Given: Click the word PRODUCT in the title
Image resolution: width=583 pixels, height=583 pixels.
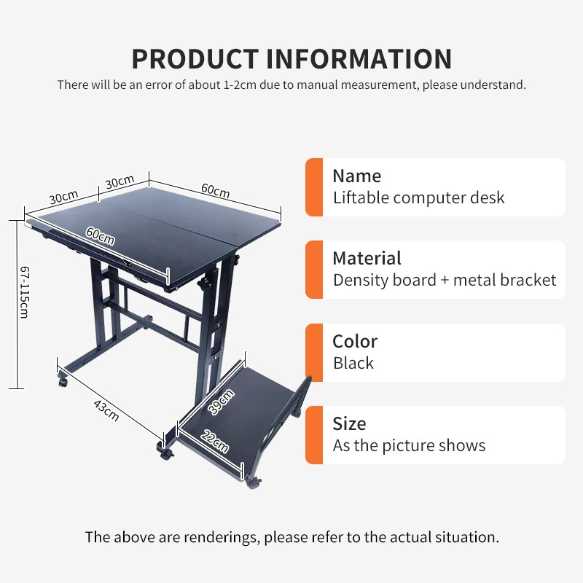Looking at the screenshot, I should click(x=195, y=58).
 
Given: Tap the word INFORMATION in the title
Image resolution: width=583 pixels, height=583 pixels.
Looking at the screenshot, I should click(x=359, y=58).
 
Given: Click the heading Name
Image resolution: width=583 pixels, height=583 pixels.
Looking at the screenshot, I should click(x=356, y=176).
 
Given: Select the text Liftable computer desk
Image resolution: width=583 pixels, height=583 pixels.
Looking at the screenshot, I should click(x=418, y=197).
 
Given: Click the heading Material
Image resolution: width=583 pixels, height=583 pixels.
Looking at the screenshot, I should click(x=367, y=258).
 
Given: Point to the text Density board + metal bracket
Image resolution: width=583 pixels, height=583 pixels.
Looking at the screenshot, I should click(x=445, y=280).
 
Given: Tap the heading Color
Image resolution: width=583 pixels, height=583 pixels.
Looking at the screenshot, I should click(x=355, y=341).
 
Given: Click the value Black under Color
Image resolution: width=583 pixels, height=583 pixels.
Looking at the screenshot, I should click(x=353, y=363).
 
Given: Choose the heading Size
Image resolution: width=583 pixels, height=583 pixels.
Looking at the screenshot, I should click(x=349, y=423).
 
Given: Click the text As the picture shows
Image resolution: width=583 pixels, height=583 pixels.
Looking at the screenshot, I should click(x=409, y=445).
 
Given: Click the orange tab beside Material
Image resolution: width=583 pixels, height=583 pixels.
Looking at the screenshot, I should click(x=313, y=270).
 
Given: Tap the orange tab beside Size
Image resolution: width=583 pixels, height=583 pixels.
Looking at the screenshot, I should click(x=313, y=435).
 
